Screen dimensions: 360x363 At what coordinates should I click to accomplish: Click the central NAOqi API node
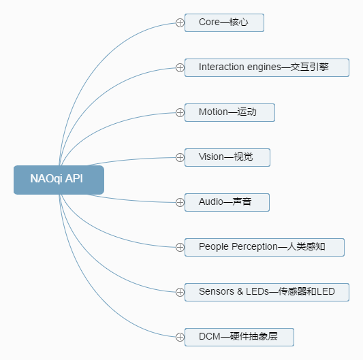tap(59, 180)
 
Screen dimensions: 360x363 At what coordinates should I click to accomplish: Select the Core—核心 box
tap(224, 22)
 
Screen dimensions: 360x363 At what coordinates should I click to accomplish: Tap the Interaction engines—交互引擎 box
tap(267, 67)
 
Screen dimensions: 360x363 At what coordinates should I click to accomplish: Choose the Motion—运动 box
tap(230, 112)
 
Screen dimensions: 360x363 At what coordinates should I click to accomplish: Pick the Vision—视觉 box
tap(227, 157)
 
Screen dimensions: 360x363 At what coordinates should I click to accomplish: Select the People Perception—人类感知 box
tap(264, 247)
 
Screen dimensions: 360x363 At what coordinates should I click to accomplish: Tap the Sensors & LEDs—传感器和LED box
tap(267, 292)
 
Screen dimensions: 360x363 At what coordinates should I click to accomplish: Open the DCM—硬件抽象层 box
tap(239, 337)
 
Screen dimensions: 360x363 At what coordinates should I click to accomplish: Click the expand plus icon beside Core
tap(180, 22)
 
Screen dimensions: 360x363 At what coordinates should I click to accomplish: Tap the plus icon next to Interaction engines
tap(180, 67)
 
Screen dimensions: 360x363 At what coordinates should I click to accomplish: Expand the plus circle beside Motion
tap(180, 112)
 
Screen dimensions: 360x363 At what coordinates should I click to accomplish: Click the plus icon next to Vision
tap(180, 157)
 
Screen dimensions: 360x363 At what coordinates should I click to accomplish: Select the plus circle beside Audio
tap(180, 202)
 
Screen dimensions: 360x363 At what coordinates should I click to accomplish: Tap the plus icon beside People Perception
tap(180, 247)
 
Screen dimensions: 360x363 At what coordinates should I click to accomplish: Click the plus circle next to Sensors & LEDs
tap(180, 292)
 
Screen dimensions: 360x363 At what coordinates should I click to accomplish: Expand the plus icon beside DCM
tap(180, 337)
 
